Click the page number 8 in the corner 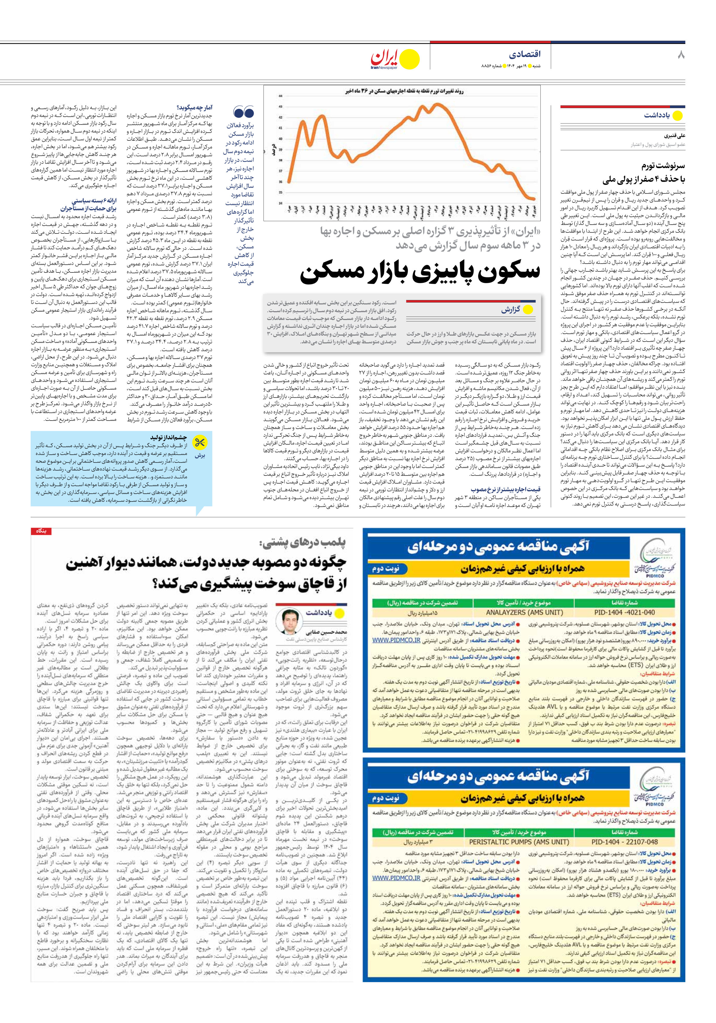pos(680,55)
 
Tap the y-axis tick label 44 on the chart pos(281,96)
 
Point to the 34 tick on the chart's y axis pos(281,203)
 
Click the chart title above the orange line pos(404,91)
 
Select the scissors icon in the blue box pos(200,442)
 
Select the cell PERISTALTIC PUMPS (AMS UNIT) pos(519,842)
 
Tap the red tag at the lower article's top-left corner pos(41,531)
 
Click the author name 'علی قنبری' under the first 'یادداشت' pos(674,136)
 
